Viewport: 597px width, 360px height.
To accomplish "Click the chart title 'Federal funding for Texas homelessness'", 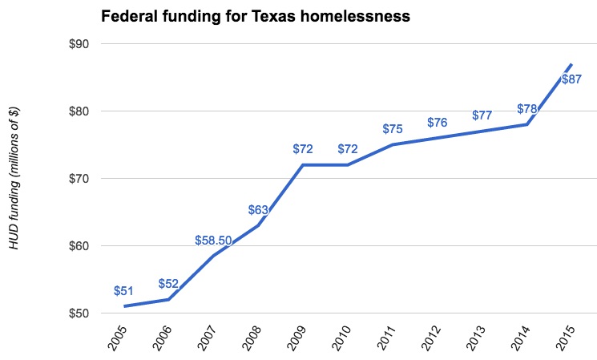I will [x=255, y=16].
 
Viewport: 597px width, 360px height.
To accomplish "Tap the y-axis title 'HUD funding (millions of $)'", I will [x=16, y=178].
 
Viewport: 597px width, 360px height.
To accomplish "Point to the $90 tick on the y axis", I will [x=78, y=44].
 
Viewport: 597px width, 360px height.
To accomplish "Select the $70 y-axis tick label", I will [x=78, y=178].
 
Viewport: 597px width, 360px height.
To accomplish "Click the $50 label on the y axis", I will [x=78, y=313].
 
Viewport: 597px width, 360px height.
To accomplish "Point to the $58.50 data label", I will [x=213, y=241].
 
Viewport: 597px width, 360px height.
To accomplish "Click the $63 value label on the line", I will [x=258, y=211].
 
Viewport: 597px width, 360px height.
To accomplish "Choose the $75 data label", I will [x=393, y=129].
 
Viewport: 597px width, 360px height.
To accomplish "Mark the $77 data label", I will [x=482, y=115].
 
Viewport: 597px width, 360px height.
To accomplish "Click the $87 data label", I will [x=571, y=79].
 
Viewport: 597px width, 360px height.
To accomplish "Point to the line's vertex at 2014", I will [x=527, y=124].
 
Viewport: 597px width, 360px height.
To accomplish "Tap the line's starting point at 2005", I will [x=125, y=305].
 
